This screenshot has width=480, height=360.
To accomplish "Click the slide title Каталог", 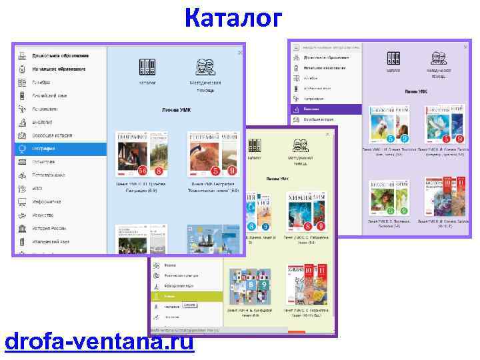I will (233, 18).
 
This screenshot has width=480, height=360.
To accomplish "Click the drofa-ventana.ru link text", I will (99, 341).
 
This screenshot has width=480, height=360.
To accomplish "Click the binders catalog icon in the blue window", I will (147, 67).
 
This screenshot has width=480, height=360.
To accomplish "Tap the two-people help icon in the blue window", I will (205, 67).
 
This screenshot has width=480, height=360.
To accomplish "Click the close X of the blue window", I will (240, 52).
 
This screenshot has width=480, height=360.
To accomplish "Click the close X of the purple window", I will (465, 46).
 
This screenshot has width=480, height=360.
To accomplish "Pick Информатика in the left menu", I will (47, 201).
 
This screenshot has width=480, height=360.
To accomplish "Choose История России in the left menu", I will (51, 228).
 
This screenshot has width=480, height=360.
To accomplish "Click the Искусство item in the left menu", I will (44, 215).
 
